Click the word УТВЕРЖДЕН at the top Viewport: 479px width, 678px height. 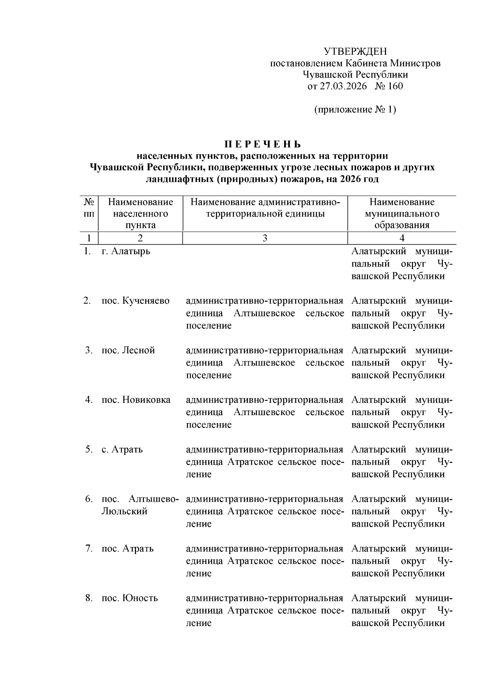355,52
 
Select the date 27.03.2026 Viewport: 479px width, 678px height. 343,86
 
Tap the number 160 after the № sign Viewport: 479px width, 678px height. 395,86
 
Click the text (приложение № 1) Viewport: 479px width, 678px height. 355,109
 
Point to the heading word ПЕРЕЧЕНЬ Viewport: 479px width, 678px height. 262,144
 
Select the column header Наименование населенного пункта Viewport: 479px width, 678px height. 141,214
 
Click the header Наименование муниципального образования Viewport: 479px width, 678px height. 402,214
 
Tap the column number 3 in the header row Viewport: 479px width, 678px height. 265,238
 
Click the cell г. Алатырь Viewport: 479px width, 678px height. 126,251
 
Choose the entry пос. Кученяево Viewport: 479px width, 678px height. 135,301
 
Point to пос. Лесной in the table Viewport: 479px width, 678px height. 128,350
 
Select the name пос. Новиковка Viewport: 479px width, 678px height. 136,400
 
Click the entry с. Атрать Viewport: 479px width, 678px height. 122,449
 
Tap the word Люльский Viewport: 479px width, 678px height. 124,511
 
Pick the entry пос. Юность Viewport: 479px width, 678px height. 129,598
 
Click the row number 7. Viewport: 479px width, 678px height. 89,549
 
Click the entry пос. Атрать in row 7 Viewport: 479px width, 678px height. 127,549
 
